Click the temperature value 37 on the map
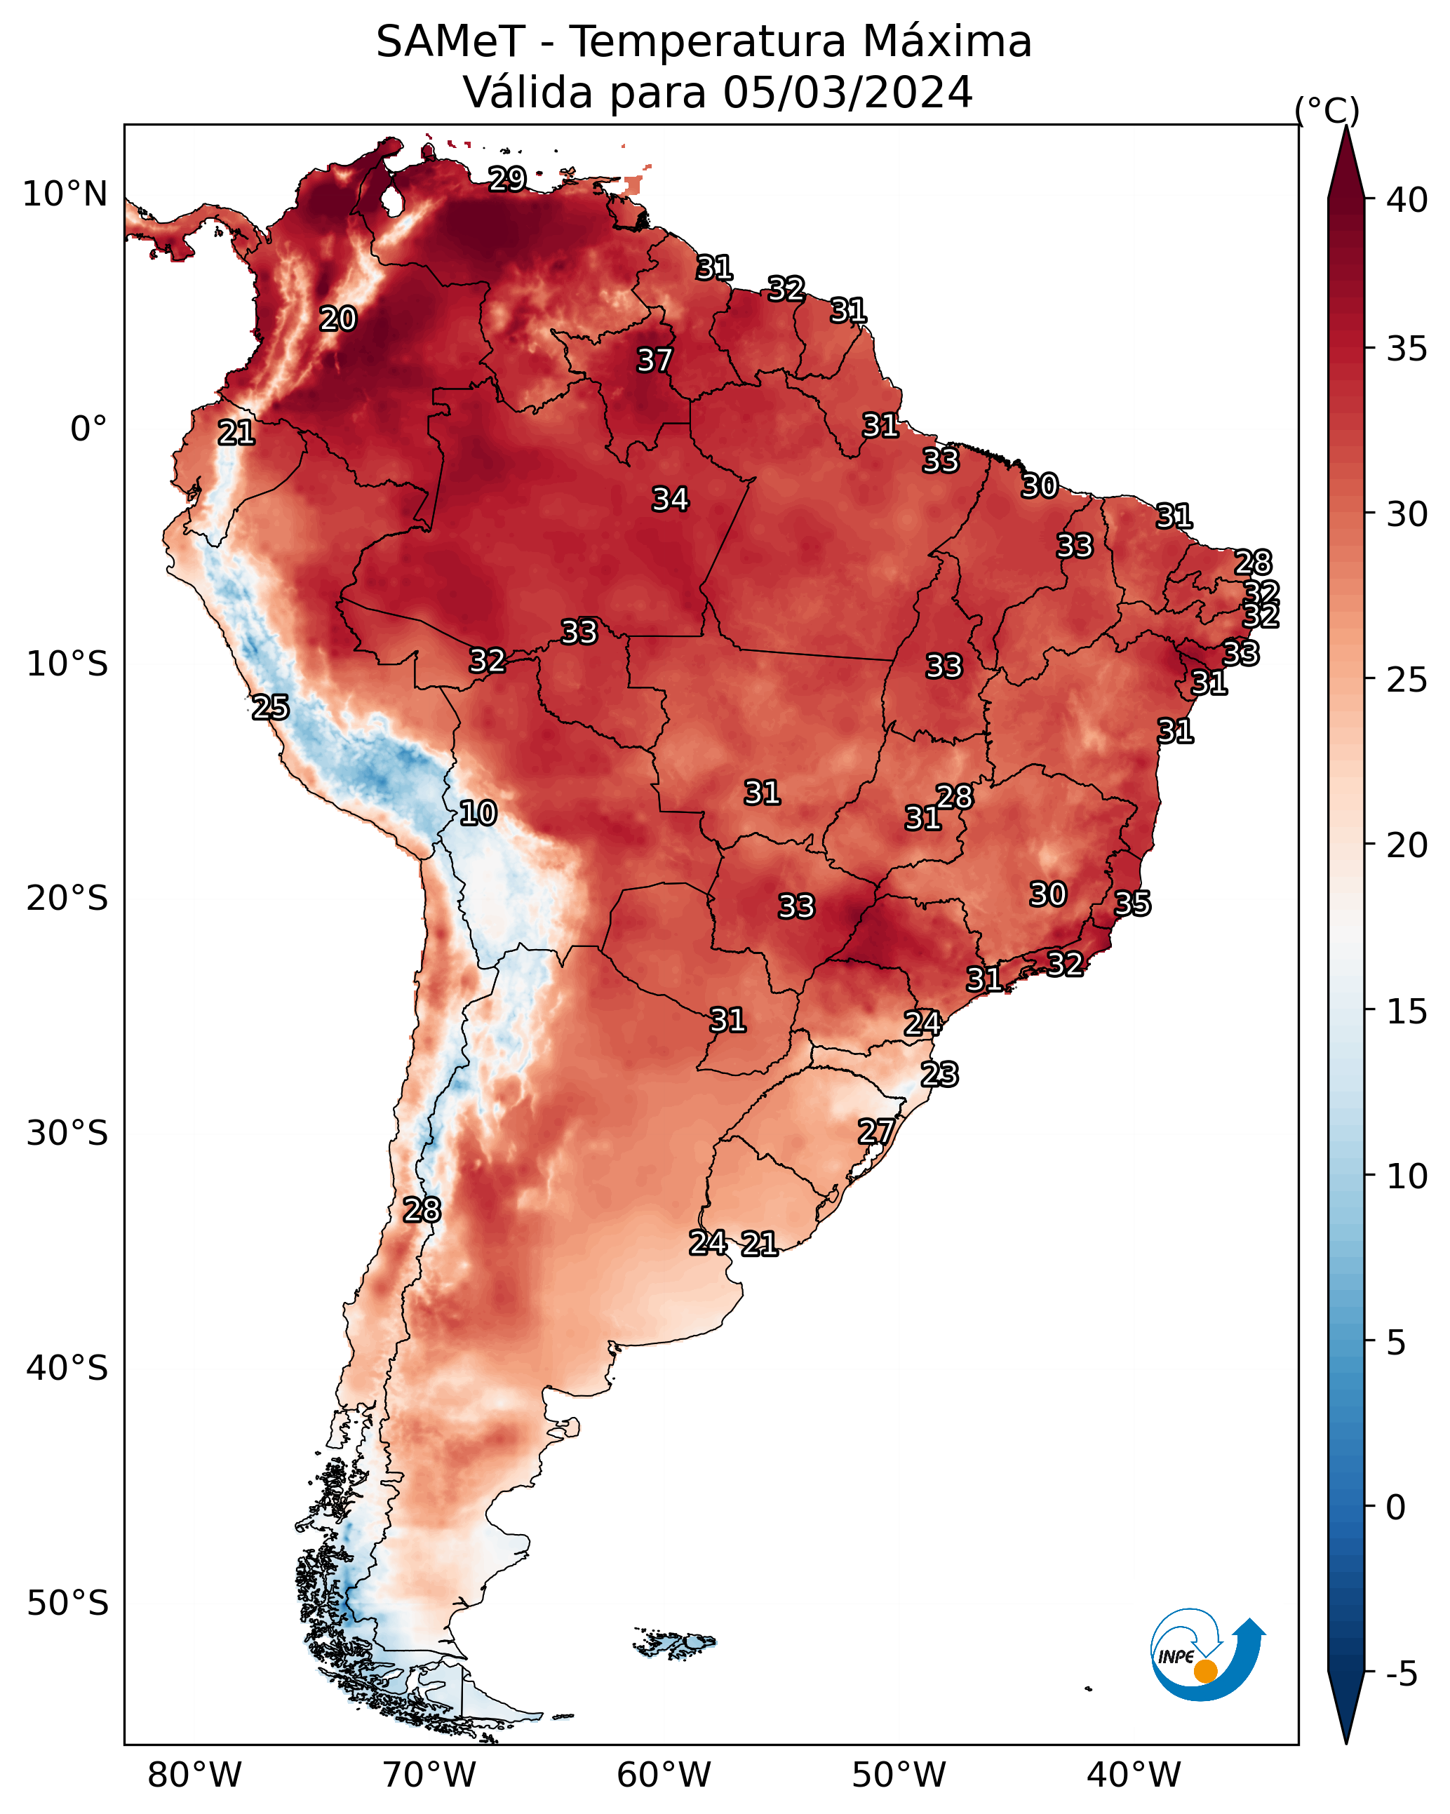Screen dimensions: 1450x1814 pos(654,360)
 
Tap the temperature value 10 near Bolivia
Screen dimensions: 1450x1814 pos(478,813)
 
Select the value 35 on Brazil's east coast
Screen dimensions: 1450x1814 pos(1132,903)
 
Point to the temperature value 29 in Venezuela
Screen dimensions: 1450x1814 pos(507,178)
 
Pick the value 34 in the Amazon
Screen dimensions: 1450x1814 pos(670,499)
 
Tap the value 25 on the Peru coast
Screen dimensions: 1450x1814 pos(270,707)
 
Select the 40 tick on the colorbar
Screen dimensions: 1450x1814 pos(1407,200)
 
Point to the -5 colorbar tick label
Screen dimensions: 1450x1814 pos(1401,1674)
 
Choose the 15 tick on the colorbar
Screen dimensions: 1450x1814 pos(1407,1012)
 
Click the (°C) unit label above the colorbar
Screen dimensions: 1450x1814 pos(1327,110)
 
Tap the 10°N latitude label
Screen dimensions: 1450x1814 pos(65,194)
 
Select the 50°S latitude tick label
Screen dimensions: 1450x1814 pos(67,1604)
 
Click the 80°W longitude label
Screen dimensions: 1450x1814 pos(194,1775)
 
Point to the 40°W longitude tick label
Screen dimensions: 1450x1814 pos(1134,1775)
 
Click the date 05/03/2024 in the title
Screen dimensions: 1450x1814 pos(847,92)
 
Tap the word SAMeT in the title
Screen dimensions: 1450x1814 pos(451,41)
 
